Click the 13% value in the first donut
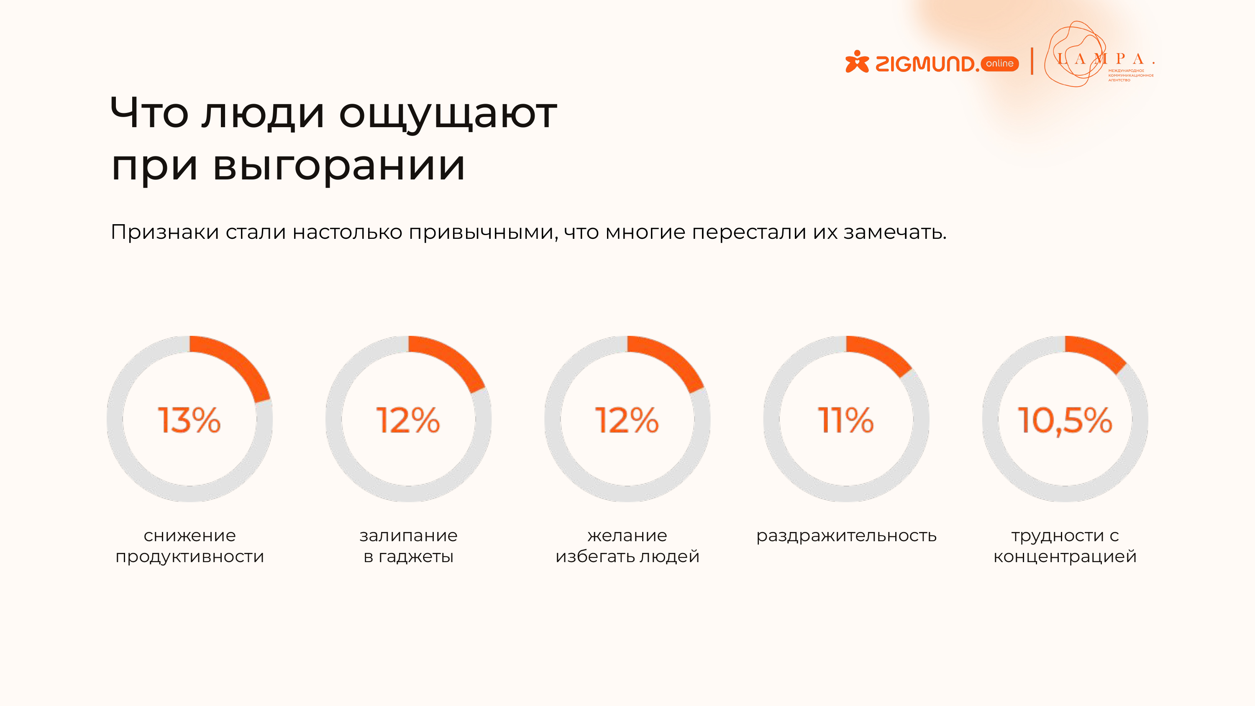[189, 420]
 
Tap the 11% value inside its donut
[846, 420]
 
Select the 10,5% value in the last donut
[1065, 420]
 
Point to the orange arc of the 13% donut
[239, 363]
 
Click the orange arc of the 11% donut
[882, 353]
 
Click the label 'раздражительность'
[846, 535]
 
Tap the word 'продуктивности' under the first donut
[190, 556]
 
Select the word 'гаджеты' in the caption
[415, 556]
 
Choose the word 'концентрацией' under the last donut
[1065, 556]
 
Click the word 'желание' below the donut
[627, 535]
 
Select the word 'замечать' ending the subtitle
[894, 233]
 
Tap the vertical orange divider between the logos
[1032, 61]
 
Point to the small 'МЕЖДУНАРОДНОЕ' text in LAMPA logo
[1126, 71]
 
